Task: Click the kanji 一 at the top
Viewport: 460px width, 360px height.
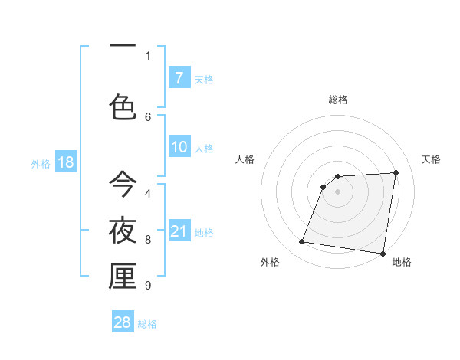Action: tap(122, 45)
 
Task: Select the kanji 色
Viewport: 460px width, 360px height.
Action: tap(123, 106)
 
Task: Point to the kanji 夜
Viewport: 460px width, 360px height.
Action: tap(123, 230)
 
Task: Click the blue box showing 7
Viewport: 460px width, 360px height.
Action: tap(179, 78)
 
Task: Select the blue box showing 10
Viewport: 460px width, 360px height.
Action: tap(179, 148)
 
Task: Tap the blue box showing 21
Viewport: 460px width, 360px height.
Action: tap(179, 232)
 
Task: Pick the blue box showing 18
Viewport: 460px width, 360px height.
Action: tap(65, 162)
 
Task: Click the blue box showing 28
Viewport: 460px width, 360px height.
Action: tap(123, 322)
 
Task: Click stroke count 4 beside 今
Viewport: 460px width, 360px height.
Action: tap(148, 194)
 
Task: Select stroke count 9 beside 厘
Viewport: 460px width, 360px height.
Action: tap(148, 286)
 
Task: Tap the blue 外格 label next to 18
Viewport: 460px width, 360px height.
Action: tap(41, 163)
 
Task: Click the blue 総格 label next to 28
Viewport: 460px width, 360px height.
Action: tap(147, 323)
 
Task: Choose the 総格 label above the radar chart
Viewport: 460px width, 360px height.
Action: tap(338, 100)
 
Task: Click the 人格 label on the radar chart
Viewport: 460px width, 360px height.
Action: tap(245, 159)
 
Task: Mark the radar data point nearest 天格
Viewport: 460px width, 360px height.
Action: tap(396, 172)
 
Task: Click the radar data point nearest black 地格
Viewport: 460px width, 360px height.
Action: tap(383, 254)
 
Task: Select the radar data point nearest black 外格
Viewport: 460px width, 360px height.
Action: tap(302, 242)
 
